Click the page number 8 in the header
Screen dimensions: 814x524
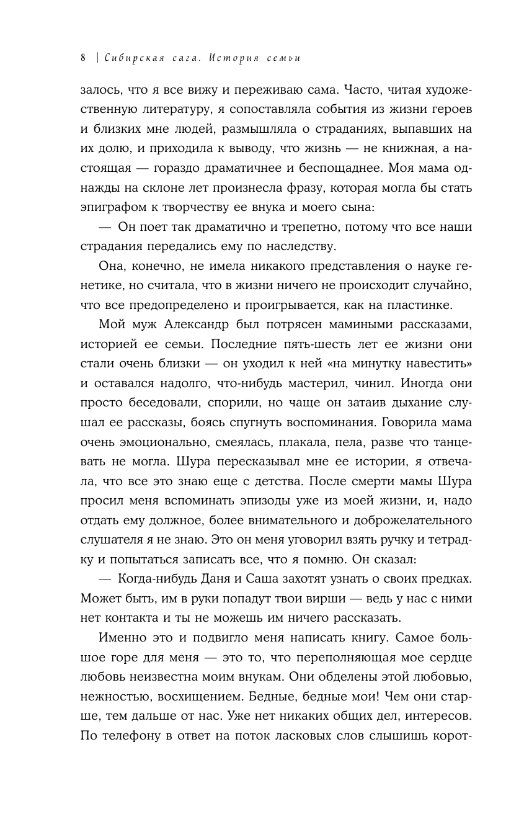(x=83, y=58)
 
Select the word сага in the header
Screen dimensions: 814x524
(x=185, y=58)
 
